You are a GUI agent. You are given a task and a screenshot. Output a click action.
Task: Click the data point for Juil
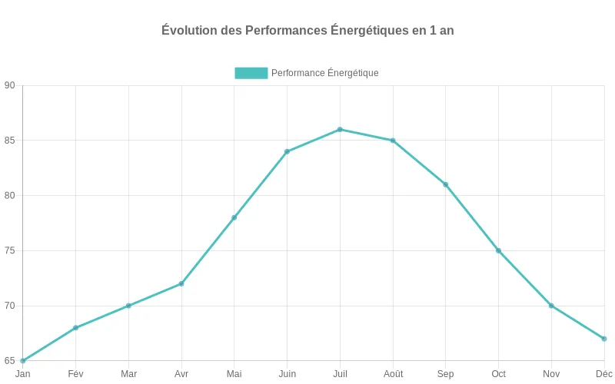coord(340,129)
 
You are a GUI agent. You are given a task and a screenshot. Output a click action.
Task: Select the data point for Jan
coord(23,360)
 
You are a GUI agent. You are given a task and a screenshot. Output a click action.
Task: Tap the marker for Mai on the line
coord(234,217)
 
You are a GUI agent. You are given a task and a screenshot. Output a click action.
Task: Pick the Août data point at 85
coord(393,141)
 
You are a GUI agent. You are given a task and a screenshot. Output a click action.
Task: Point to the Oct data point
coord(498,250)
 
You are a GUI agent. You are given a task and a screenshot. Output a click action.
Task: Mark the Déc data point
coord(604,339)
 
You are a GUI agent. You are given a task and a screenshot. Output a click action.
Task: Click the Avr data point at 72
coord(181,283)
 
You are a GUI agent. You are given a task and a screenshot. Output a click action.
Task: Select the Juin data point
coord(287,151)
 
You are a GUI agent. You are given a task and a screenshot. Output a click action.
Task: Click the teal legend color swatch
coord(251,73)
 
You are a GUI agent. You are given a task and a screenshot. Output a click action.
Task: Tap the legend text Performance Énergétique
coord(324,73)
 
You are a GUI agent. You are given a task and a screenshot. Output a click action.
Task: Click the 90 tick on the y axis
coord(9,85)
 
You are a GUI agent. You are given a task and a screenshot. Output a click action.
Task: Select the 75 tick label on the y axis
coord(9,251)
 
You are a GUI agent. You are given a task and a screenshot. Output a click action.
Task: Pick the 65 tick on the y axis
coord(9,361)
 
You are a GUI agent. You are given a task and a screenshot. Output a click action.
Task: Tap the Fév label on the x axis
coord(75,374)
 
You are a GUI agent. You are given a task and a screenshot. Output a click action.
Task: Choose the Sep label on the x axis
coord(445,374)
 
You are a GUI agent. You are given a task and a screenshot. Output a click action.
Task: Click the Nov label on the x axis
coord(551,374)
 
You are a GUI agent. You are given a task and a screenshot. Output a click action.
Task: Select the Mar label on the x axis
coord(128,374)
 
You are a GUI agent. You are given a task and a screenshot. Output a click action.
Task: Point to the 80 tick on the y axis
coord(9,196)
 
